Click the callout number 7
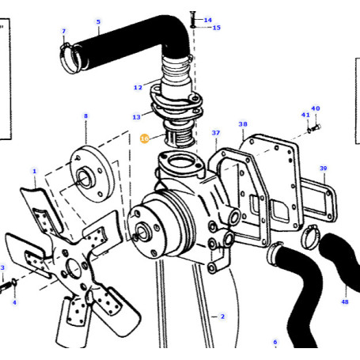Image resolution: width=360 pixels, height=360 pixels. pos(64,32)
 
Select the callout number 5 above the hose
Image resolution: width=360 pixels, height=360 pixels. pos(98,21)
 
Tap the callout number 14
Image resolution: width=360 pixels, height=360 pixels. pos(208,20)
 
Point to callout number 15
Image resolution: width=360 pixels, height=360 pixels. pos(216,28)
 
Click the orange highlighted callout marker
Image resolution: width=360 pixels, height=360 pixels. pos(144,138)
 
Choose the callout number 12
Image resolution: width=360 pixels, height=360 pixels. pos(138,87)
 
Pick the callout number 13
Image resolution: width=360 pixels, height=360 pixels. pos(136,117)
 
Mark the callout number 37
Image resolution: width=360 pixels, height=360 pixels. pos(215,133)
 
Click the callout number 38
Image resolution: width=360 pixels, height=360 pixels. pos(243,124)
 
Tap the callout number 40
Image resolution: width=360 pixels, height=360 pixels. pos(315,108)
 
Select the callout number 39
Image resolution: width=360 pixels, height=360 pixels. pos(323,169)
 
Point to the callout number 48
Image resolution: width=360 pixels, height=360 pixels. pos(344,301)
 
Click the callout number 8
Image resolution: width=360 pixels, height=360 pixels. pos(85,116)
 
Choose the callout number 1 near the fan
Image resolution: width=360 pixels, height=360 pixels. pos(34,171)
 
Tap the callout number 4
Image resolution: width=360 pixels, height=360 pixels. pos(13,302)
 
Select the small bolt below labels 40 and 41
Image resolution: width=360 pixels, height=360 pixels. pos(313,127)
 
